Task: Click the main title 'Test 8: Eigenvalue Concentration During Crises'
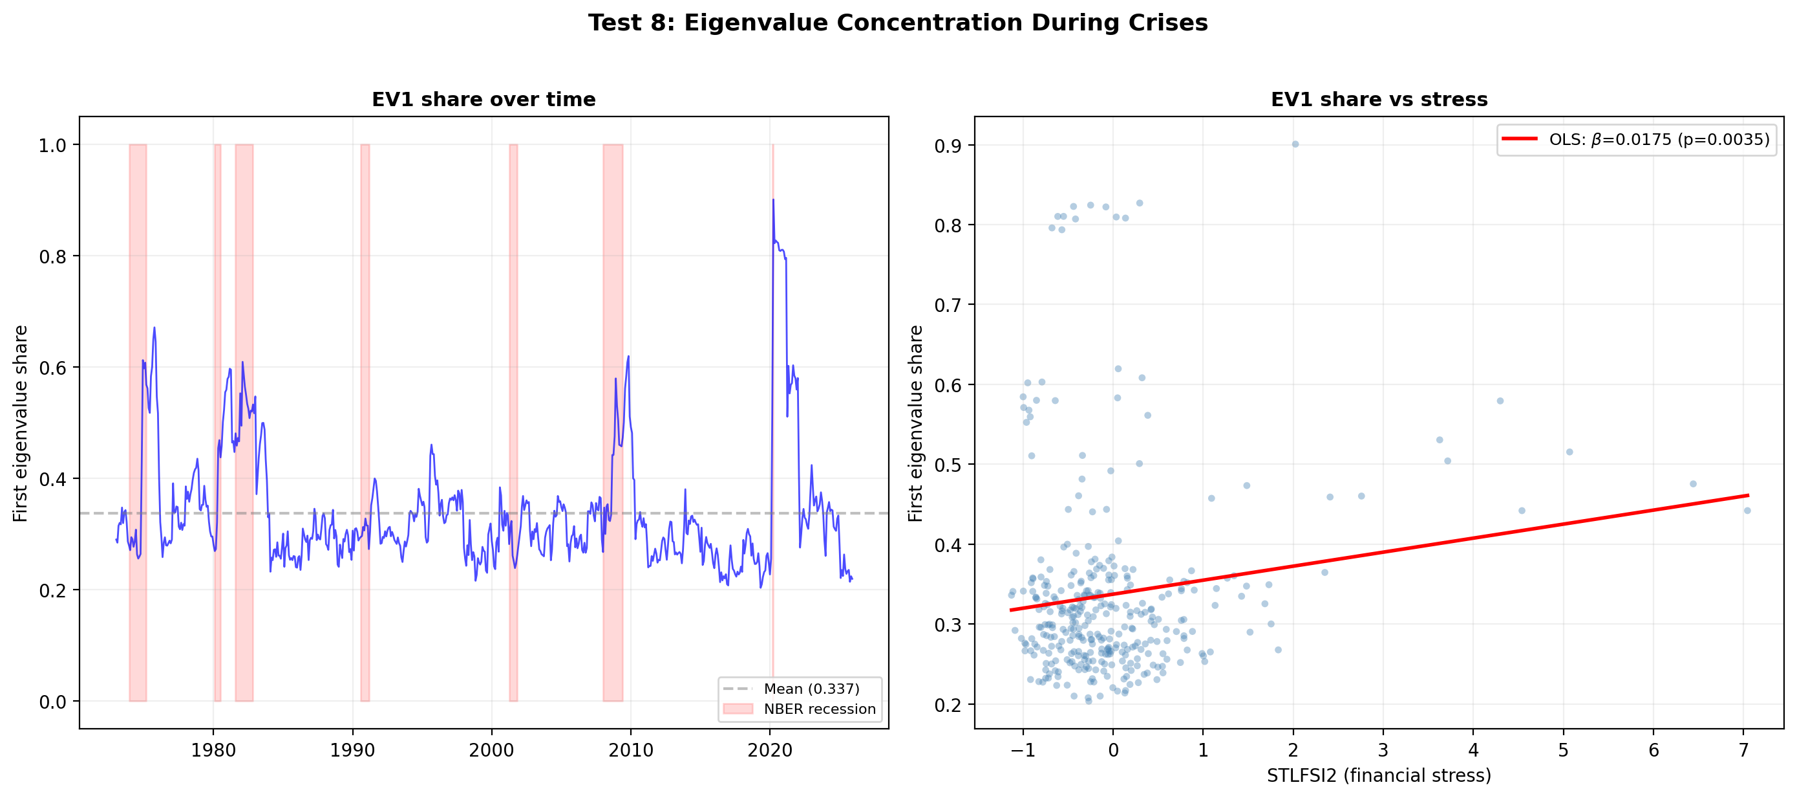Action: point(898,23)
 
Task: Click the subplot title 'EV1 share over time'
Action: point(484,99)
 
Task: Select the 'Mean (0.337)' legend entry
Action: point(811,689)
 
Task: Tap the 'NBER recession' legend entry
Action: point(819,709)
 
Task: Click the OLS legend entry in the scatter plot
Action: point(1657,139)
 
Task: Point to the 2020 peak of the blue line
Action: point(773,201)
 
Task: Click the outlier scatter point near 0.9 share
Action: point(1295,144)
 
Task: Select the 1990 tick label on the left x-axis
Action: point(352,751)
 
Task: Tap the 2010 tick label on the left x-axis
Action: point(631,751)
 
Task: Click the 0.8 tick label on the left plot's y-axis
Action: point(52,257)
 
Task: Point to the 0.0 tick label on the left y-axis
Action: point(52,702)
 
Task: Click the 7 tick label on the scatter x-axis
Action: point(1743,751)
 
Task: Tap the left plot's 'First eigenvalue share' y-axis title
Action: point(20,423)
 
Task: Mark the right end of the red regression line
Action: point(1747,496)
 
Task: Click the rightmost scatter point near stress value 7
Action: point(1747,511)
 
